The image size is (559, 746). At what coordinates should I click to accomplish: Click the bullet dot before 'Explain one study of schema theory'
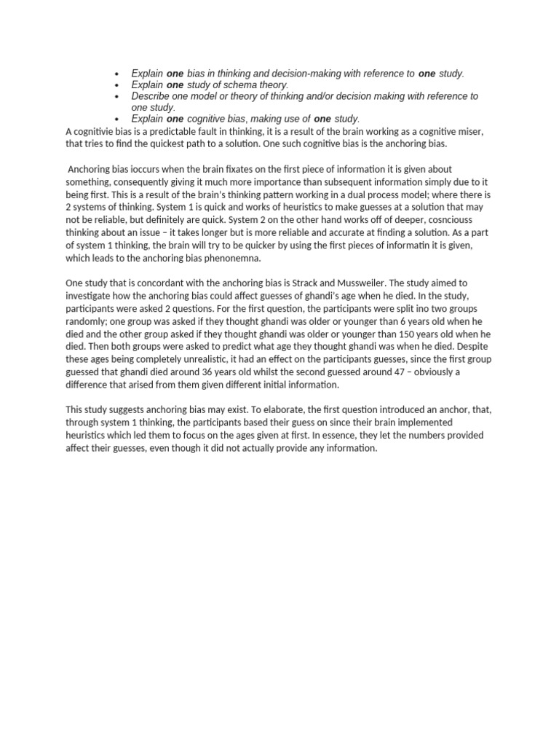(116, 85)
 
